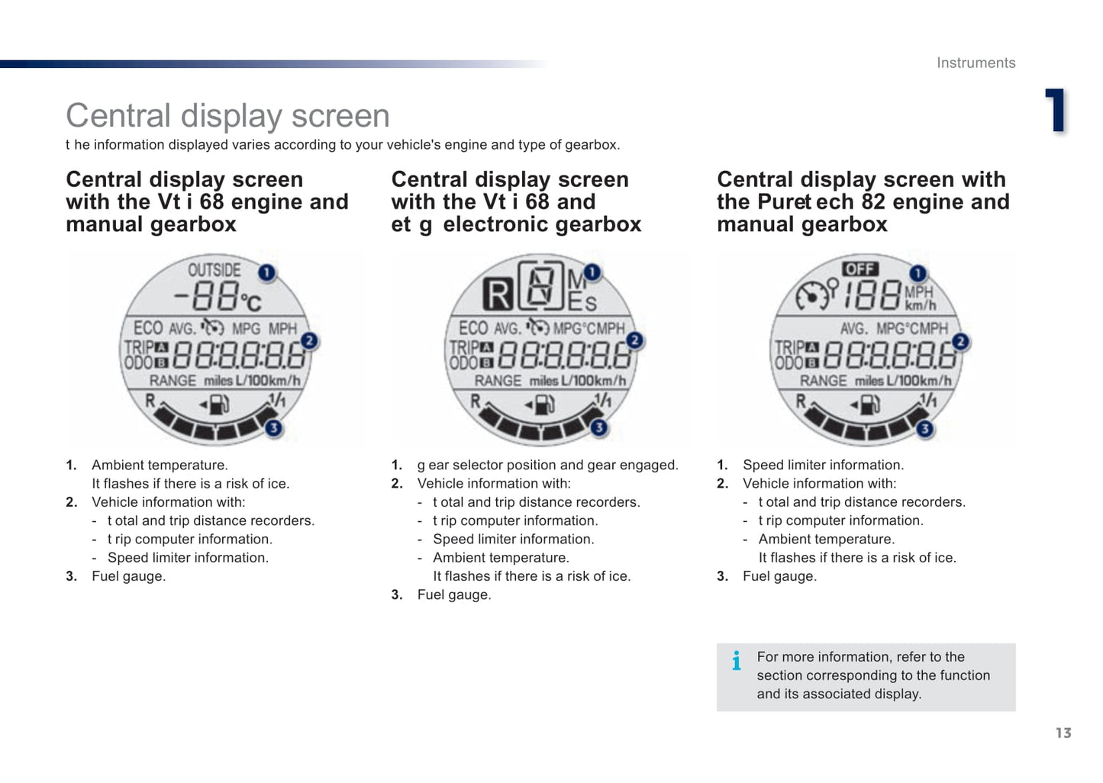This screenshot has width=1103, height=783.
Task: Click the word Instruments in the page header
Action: coord(976,63)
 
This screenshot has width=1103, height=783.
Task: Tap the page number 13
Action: coord(1063,733)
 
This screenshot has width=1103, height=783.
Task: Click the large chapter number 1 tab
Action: coord(1056,110)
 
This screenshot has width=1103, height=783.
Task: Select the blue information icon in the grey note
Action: coord(737,661)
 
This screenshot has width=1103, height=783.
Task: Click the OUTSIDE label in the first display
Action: coord(214,270)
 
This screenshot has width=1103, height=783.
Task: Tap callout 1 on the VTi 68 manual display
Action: coord(266,272)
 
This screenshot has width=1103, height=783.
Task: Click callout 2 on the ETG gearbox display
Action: coord(634,340)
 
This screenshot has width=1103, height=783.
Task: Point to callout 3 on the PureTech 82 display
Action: coord(924,429)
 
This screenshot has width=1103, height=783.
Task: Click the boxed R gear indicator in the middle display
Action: coord(498,295)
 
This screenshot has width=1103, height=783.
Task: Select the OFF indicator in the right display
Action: coord(860,269)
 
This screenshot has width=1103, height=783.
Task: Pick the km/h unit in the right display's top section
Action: coord(921,305)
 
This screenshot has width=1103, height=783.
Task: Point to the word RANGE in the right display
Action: coord(824,381)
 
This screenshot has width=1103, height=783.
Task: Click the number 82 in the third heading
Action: coord(874,201)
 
